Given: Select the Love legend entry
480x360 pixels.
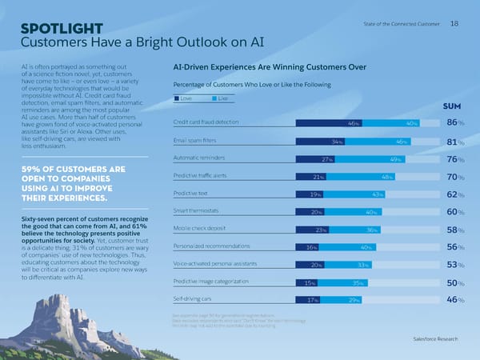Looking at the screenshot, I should (185, 98).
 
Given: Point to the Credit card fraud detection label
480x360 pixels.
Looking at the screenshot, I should (206, 122).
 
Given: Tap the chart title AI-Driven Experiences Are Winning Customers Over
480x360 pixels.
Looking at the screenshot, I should (264, 68).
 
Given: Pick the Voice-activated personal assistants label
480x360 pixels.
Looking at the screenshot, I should (215, 263).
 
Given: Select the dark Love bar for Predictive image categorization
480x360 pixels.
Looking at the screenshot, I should (307, 282).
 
